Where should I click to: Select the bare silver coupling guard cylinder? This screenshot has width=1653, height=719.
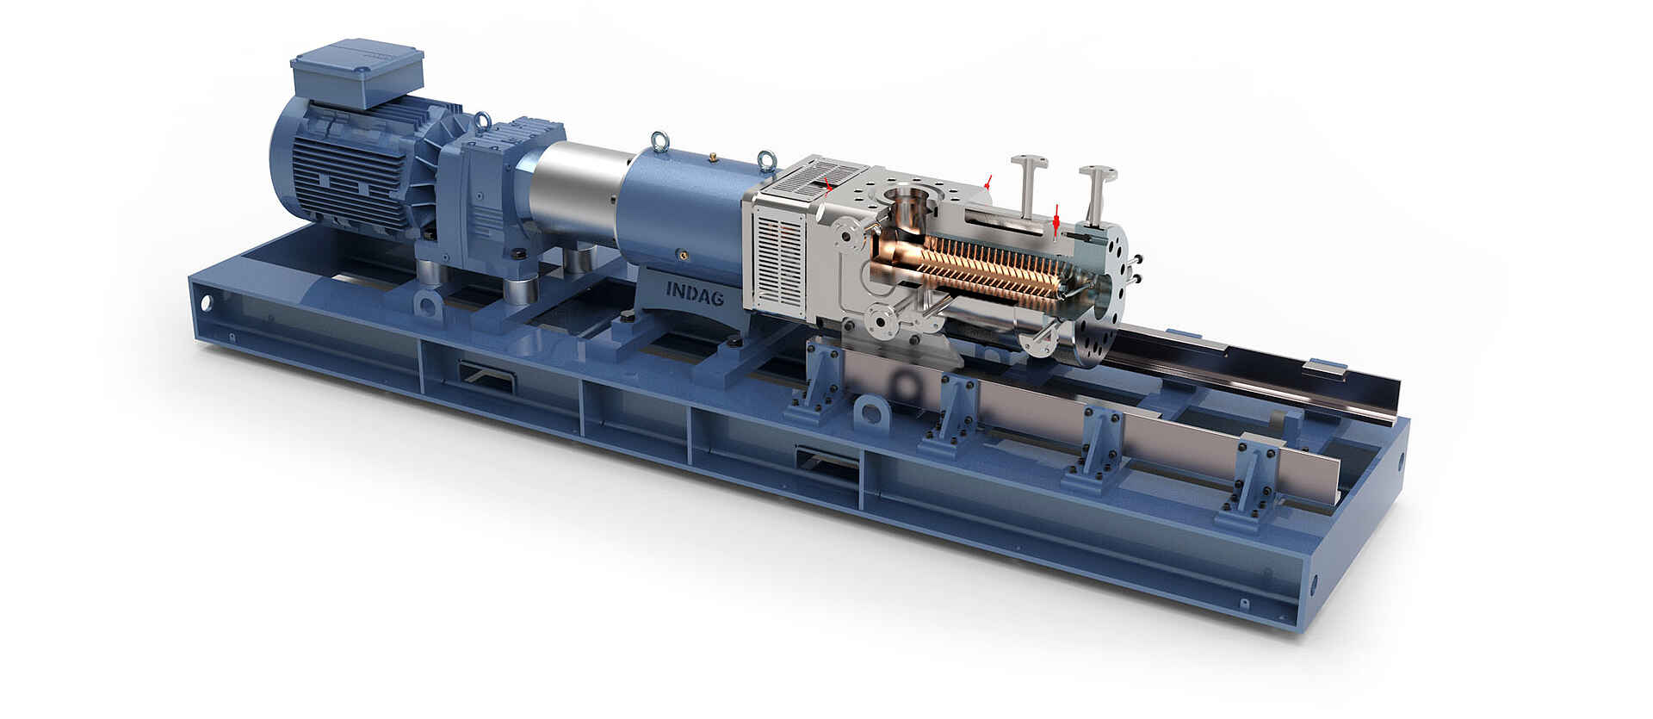[x=577, y=192]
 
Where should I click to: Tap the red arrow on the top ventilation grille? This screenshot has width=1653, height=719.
[x=828, y=184]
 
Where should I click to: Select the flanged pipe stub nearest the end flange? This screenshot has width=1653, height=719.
[x=1096, y=193]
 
